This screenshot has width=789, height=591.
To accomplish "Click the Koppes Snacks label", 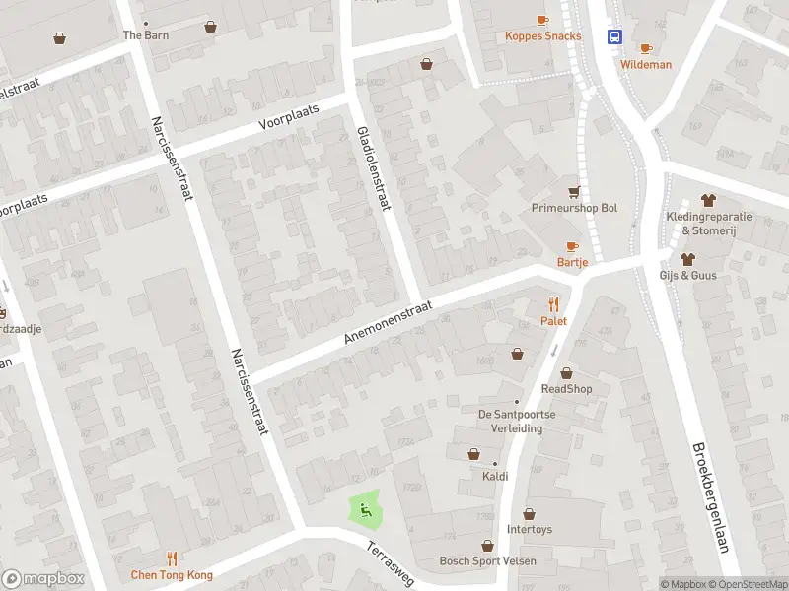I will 542,36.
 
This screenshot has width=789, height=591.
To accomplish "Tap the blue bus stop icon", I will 616,37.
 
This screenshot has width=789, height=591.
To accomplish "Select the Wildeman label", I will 646,65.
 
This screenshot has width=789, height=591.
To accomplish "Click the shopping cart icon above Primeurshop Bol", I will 574,191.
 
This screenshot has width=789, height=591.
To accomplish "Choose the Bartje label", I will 572,262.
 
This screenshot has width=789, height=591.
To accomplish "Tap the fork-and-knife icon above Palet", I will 553,304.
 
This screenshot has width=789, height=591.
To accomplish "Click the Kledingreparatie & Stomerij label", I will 707,224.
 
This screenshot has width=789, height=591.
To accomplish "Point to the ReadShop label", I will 566,389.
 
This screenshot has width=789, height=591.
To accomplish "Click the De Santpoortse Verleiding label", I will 517,421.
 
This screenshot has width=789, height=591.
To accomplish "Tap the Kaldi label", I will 495,477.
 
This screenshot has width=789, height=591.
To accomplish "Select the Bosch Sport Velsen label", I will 487,561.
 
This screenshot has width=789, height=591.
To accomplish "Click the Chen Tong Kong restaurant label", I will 172,574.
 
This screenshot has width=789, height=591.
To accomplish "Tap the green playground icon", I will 365,509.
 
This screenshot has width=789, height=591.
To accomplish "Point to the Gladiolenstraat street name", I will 373,167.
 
